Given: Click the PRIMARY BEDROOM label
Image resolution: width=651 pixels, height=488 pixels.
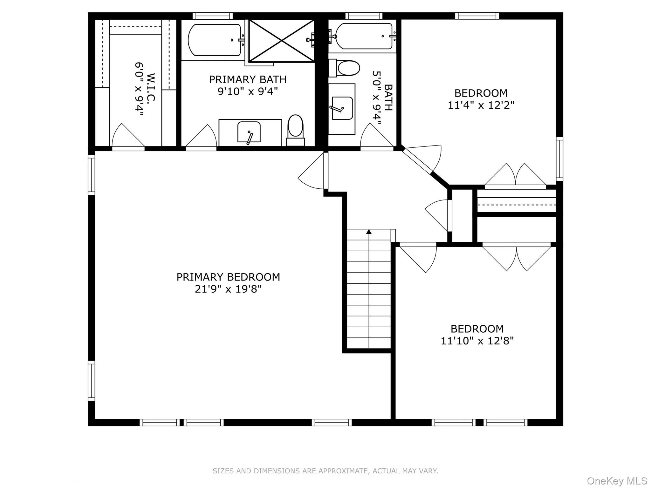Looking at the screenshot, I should (x=228, y=277).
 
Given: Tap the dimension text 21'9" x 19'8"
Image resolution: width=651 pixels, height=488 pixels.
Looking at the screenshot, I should (x=228, y=289).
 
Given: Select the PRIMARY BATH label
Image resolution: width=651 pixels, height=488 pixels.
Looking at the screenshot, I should (x=248, y=79).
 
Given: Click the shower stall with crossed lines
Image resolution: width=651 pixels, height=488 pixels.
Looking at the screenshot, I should (x=281, y=40).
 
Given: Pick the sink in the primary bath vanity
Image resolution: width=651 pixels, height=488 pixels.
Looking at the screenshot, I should (x=249, y=132).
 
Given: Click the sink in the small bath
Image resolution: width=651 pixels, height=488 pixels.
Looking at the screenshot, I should (x=342, y=108).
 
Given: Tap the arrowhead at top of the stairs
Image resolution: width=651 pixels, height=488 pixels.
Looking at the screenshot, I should (x=369, y=232).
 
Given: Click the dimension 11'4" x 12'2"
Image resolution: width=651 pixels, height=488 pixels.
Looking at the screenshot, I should (x=481, y=105).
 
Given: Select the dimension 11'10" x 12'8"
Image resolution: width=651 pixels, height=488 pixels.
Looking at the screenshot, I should (x=477, y=341).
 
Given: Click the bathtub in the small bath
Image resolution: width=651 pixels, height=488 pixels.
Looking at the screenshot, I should (x=364, y=36).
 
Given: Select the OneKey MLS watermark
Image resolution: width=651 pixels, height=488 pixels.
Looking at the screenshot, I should (x=617, y=481).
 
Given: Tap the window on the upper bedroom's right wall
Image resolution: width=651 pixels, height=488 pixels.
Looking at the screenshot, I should (x=559, y=159).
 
